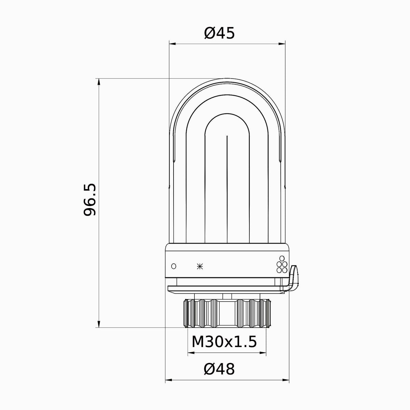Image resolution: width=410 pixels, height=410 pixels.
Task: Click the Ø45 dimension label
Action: click(x=219, y=33)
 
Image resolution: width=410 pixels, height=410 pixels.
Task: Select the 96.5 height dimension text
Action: click(x=90, y=200)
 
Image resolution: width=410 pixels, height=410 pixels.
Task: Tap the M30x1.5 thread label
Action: click(x=224, y=342)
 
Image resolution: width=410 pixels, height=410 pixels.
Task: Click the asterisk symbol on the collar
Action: click(x=200, y=266)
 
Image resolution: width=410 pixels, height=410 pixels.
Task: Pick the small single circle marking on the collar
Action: click(x=174, y=266)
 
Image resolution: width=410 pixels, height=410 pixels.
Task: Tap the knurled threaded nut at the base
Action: click(x=227, y=313)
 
